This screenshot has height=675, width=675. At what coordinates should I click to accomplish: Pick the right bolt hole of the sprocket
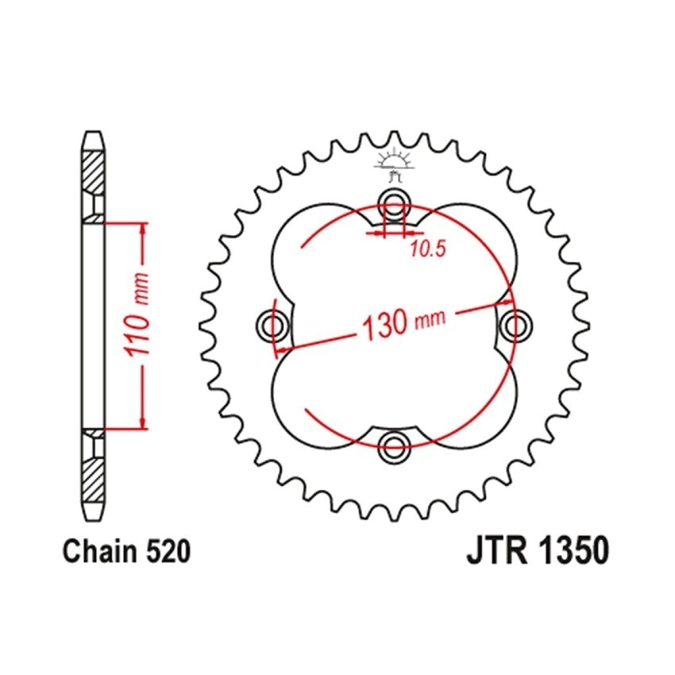coord(515,324)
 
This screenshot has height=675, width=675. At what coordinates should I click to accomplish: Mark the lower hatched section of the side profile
coord(93,475)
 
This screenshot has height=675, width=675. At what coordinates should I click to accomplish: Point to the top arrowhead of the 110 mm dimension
coord(143,229)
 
